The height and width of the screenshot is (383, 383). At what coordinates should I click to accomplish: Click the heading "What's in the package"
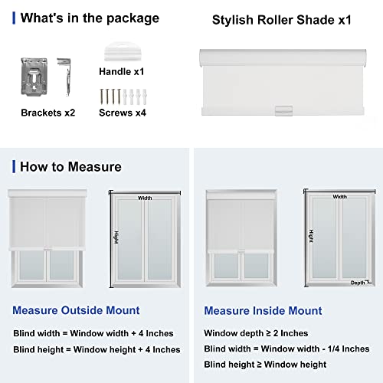coord(90,18)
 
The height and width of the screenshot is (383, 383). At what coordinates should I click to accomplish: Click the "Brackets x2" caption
coord(48,112)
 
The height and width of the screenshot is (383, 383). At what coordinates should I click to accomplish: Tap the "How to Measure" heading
coord(70,166)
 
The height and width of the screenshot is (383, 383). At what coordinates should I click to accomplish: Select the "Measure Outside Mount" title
coord(76,310)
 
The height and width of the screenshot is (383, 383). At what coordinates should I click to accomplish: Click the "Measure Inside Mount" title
coord(263,310)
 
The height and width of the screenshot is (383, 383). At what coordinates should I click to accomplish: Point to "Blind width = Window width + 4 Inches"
coord(93,333)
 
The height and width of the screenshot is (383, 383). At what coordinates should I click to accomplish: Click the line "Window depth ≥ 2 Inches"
coord(256,333)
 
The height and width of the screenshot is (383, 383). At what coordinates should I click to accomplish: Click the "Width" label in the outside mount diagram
coord(146,197)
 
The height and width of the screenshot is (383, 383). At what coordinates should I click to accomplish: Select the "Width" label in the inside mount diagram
coord(339,197)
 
